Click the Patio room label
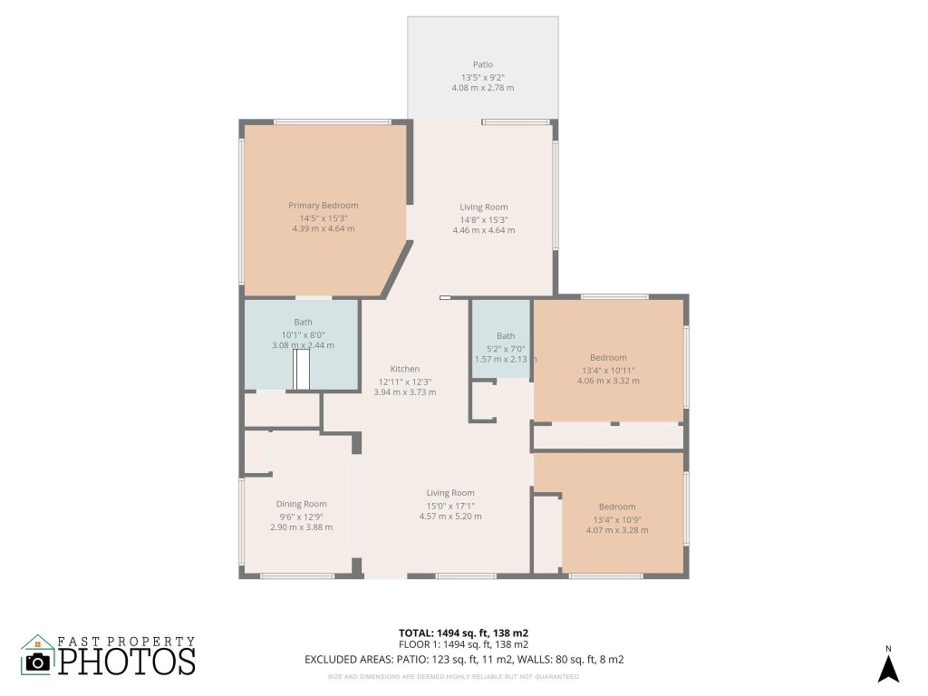pos(482,64)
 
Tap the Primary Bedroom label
pos(324,206)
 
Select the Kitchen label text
pos(405,369)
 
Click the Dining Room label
pos(301,504)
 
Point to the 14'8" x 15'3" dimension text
pos(484,219)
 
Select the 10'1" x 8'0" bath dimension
pos(303,335)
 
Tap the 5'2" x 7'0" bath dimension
pos(506,349)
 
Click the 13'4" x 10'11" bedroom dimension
pos(608,371)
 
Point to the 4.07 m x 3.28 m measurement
pos(617,530)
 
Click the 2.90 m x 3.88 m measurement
pos(301,527)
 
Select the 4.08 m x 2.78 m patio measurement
pos(483,88)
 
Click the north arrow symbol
pos(888,670)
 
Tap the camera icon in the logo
pos(38,662)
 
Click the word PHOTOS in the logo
pos(127,661)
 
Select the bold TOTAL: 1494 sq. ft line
pos(463,633)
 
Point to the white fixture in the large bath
pos(302,370)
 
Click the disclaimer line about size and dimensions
pos(453,676)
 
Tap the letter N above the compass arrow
pos(888,649)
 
